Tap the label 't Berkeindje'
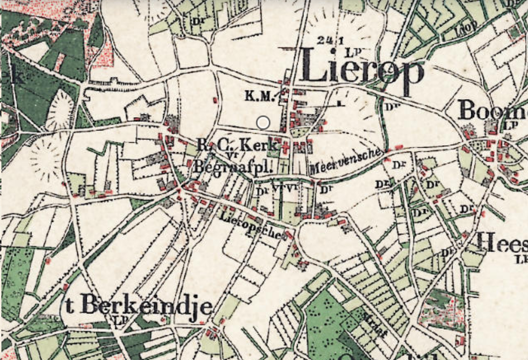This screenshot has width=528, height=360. coord(138,306)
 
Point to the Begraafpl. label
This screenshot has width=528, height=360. coord(232,167)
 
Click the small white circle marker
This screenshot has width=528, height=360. coord(263,123)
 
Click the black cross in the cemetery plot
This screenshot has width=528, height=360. coord(283,166)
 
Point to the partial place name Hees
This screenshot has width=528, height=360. coord(501,243)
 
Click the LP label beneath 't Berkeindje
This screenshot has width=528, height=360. coord(118,321)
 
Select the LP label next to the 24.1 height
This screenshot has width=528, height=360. coord(351,51)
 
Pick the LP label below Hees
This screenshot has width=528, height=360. coord(522,259)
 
